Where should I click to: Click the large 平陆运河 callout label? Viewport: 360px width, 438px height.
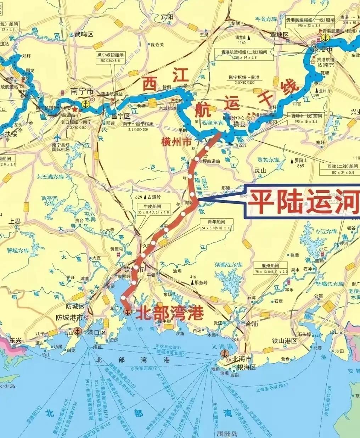303,201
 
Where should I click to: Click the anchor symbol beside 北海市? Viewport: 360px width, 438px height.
224,353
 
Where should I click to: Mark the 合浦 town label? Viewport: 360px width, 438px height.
252,323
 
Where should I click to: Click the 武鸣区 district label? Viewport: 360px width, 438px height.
84,34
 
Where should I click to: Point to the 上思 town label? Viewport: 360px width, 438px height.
15,221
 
